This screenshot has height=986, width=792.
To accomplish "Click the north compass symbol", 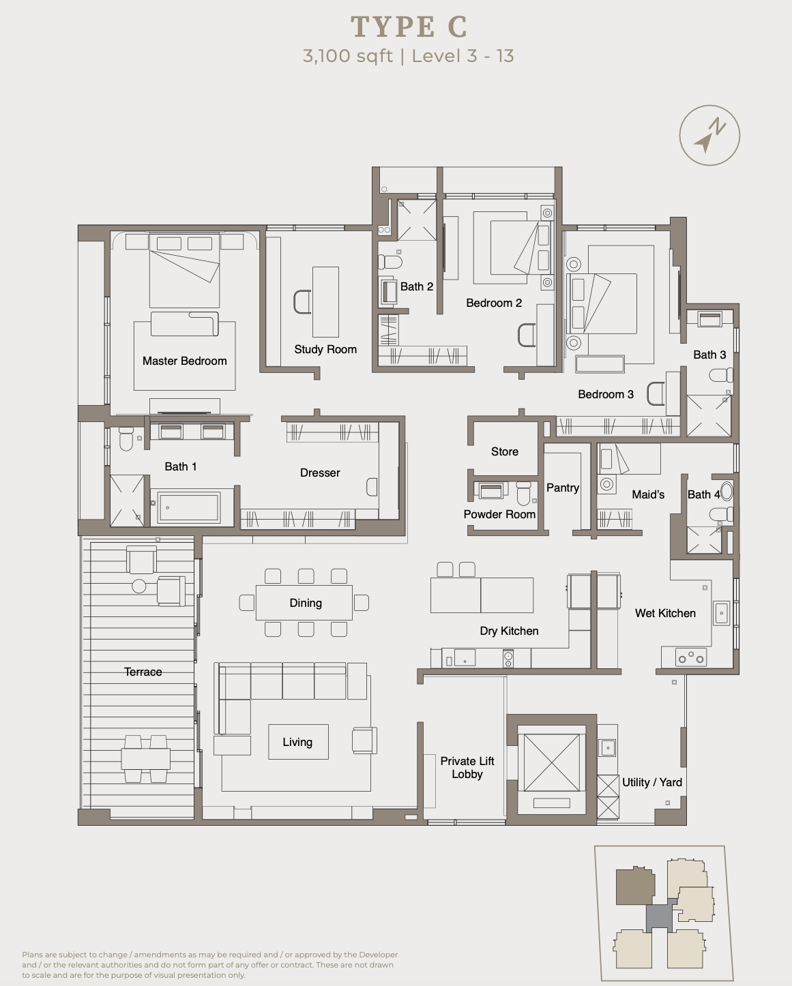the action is point(709,135).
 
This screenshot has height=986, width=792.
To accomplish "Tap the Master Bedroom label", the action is point(184,361).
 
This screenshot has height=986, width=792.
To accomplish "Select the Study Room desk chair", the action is point(302,302).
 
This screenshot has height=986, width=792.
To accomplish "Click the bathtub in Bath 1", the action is point(188,507).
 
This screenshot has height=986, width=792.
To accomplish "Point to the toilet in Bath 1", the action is point(126,439).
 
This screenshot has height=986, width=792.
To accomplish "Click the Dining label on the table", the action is point(306,603).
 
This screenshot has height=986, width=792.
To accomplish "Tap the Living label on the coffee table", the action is point(297,742).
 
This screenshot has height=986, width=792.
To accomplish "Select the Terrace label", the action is point(143,672).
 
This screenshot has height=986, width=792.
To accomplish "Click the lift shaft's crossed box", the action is point(551,762).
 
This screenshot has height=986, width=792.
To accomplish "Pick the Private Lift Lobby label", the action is point(467,767).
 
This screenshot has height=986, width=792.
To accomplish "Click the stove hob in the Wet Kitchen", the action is point(691,658).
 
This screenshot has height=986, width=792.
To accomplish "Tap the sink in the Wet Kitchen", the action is point(722,613).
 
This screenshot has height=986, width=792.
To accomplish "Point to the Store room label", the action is point(505,452).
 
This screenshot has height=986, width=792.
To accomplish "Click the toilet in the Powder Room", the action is point(523,492).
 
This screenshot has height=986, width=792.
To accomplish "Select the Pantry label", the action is point(563,488).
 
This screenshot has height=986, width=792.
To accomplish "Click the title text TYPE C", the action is point(409,27).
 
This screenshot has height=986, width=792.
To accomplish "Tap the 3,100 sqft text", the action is point(347,56).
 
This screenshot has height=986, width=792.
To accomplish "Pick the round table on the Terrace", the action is point(139,586).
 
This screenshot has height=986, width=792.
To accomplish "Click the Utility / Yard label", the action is point(651,782).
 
